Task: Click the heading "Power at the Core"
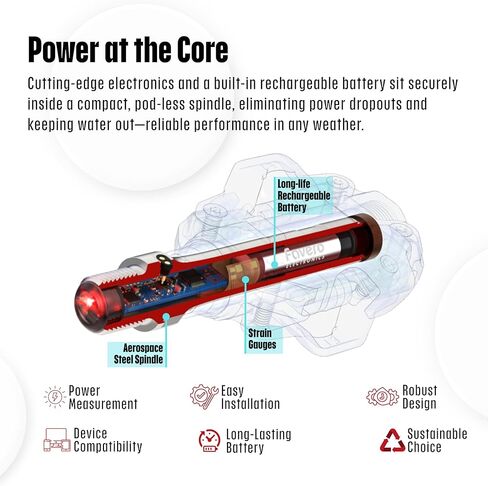click(x=128, y=50)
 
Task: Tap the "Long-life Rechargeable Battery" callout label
click(x=304, y=196)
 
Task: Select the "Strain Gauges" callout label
click(x=262, y=339)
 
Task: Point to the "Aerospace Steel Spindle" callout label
click(x=138, y=354)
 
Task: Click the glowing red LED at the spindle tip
click(x=89, y=302)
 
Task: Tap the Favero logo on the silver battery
click(x=304, y=254)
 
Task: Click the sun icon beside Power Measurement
click(x=55, y=397)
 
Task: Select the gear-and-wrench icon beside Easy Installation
click(x=204, y=396)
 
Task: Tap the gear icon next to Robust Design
click(x=382, y=397)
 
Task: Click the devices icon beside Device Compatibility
click(x=57, y=440)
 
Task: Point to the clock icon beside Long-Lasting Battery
click(x=209, y=441)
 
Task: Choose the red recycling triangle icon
click(x=393, y=442)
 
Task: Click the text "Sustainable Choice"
click(x=437, y=440)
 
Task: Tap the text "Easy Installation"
click(x=250, y=397)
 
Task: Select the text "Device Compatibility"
click(x=108, y=440)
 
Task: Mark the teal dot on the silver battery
click(x=274, y=265)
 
